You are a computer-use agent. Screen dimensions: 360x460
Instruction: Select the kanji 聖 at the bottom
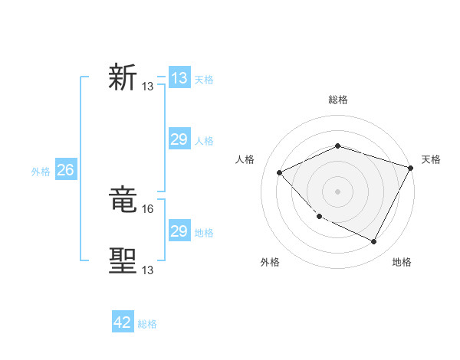click(x=123, y=261)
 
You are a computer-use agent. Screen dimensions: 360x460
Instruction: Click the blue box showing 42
click(x=123, y=322)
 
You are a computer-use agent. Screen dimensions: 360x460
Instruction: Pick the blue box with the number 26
click(x=65, y=170)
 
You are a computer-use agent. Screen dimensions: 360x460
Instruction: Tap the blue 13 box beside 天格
click(x=179, y=78)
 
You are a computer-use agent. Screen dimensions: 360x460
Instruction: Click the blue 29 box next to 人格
click(x=179, y=139)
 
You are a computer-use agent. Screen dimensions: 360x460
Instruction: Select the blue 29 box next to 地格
click(x=179, y=231)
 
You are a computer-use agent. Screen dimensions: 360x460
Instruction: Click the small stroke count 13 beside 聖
click(x=148, y=269)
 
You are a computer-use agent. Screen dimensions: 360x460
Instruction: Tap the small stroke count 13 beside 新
click(x=148, y=87)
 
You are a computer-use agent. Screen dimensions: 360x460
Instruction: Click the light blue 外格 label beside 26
click(x=41, y=172)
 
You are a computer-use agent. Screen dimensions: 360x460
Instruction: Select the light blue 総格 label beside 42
click(x=147, y=324)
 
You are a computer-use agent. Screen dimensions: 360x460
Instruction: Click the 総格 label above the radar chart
click(x=337, y=100)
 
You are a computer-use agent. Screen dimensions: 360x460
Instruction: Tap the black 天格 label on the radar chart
click(x=431, y=159)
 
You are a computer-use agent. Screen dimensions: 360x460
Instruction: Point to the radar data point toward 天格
click(x=411, y=168)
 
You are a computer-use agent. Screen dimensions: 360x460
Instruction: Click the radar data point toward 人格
click(x=280, y=172)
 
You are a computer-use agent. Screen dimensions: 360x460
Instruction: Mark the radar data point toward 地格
click(x=373, y=241)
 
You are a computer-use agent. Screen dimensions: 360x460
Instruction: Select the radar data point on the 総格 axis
click(x=337, y=146)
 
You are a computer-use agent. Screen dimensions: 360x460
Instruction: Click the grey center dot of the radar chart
click(x=337, y=191)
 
